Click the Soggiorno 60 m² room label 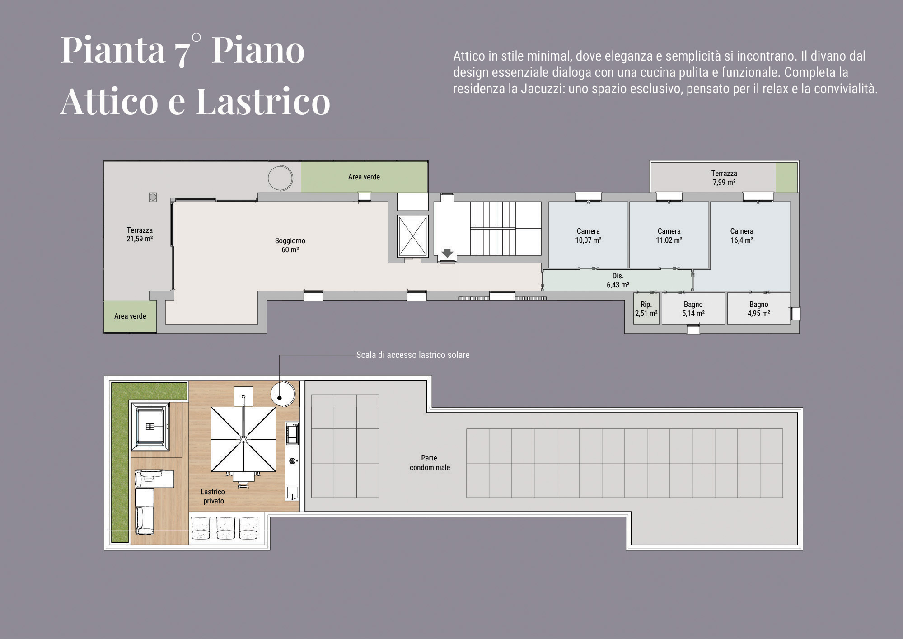[290, 245]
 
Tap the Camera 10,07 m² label [588, 235]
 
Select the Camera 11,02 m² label [669, 235]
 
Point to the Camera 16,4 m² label [742, 235]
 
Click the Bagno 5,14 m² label [693, 309]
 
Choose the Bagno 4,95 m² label [759, 309]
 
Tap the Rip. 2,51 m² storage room [646, 309]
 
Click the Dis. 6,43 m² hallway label [618, 280]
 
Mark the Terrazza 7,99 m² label [724, 178]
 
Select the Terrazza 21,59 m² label [140, 235]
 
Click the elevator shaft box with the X [413, 236]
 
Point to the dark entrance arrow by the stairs [447, 253]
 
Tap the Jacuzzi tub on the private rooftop [150, 426]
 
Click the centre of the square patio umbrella [243, 439]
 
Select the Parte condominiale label [430, 463]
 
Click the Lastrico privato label [213, 496]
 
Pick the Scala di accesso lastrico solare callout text [413, 355]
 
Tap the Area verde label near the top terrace [364, 177]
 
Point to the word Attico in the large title [109, 101]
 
